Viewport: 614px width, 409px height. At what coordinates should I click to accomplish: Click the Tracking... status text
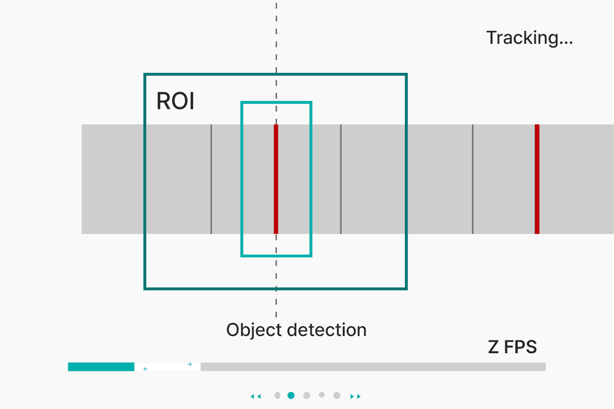[529, 38]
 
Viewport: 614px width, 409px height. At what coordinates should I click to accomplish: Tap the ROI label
[175, 101]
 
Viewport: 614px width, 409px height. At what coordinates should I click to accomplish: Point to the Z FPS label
[512, 347]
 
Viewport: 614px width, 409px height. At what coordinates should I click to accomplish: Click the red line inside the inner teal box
[276, 179]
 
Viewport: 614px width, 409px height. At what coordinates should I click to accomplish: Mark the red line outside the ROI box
[537, 179]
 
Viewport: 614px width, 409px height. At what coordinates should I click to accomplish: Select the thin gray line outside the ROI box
[472, 179]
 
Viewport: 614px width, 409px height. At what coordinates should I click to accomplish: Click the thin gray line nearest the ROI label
[211, 179]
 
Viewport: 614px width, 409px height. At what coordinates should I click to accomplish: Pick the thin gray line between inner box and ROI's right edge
[341, 179]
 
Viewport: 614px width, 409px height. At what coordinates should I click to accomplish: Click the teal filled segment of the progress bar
[101, 367]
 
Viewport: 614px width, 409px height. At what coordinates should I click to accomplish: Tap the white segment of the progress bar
[167, 367]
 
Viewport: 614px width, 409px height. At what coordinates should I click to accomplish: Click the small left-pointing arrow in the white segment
[145, 368]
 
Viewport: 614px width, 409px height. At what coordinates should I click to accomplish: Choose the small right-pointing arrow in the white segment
[189, 364]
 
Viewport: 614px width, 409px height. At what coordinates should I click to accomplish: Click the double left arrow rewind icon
[256, 396]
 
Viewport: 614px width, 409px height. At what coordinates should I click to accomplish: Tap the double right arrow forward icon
[356, 396]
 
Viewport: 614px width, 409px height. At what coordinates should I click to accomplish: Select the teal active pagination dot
[291, 395]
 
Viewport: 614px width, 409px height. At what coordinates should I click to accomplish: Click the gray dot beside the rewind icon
[277, 395]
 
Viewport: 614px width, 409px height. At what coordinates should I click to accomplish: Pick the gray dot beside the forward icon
[337, 395]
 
